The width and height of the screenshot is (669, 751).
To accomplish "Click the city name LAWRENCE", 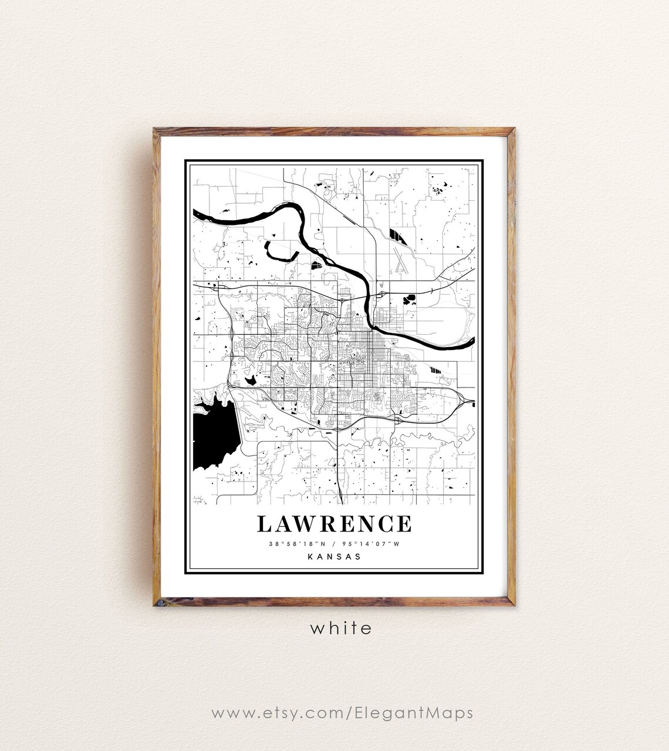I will (334, 523).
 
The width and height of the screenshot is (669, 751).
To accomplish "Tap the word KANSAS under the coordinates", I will (334, 557).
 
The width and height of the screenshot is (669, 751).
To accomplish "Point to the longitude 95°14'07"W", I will (374, 544).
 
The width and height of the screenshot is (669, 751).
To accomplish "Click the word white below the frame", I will (341, 628).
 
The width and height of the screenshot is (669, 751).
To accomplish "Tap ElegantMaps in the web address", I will (414, 713).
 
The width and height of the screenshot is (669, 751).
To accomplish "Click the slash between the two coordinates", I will (334, 544).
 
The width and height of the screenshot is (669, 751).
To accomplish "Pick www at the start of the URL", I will (229, 713).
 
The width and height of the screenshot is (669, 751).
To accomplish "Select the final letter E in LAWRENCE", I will (404, 523).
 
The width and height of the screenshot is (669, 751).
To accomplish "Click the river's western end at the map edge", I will (196, 213).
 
